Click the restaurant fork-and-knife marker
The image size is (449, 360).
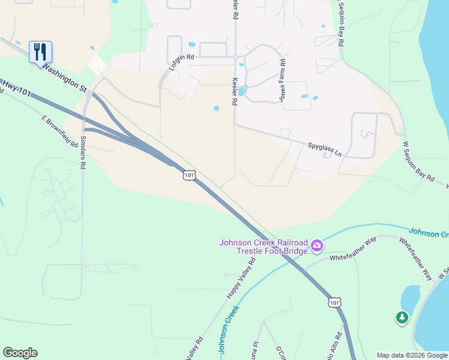(x=40, y=52)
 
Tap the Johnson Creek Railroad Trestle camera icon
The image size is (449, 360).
(x=317, y=245)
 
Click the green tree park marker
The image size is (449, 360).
(x=402, y=317)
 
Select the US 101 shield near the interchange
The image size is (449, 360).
(x=189, y=175)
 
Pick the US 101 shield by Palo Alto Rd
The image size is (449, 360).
(x=335, y=302)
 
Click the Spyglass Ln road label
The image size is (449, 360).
(x=325, y=149)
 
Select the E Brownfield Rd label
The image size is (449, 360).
(x=60, y=132)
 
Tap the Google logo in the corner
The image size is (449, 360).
(x=20, y=353)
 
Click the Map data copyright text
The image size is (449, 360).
(x=412, y=355)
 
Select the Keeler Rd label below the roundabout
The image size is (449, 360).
(x=234, y=93)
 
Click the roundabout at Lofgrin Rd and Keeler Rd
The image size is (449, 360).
(x=235, y=57)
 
